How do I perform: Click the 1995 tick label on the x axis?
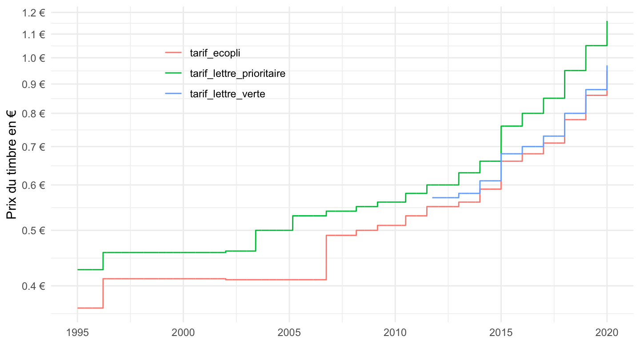(x=77, y=332)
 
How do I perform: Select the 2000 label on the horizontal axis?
(x=183, y=332)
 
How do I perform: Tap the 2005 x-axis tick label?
(x=289, y=332)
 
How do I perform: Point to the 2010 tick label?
(x=395, y=332)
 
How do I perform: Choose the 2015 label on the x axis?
(x=501, y=332)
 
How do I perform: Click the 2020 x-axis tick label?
(x=607, y=332)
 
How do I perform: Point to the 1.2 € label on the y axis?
(x=33, y=13)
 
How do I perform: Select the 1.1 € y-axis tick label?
(x=33, y=34)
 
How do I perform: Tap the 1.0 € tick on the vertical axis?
(x=33, y=58)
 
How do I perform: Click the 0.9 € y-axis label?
(x=33, y=84)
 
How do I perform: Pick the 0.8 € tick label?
(x=33, y=113)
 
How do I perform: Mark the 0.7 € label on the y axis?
(x=33, y=147)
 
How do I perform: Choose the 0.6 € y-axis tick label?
(x=33, y=185)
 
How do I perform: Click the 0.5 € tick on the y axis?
(x=33, y=230)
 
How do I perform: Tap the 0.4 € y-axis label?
(x=33, y=286)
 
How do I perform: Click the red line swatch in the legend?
(x=173, y=52)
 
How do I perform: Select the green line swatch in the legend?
(x=173, y=72)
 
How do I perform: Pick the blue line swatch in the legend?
(x=173, y=93)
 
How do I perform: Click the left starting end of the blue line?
(x=432, y=197)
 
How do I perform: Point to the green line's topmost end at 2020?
(x=607, y=22)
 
